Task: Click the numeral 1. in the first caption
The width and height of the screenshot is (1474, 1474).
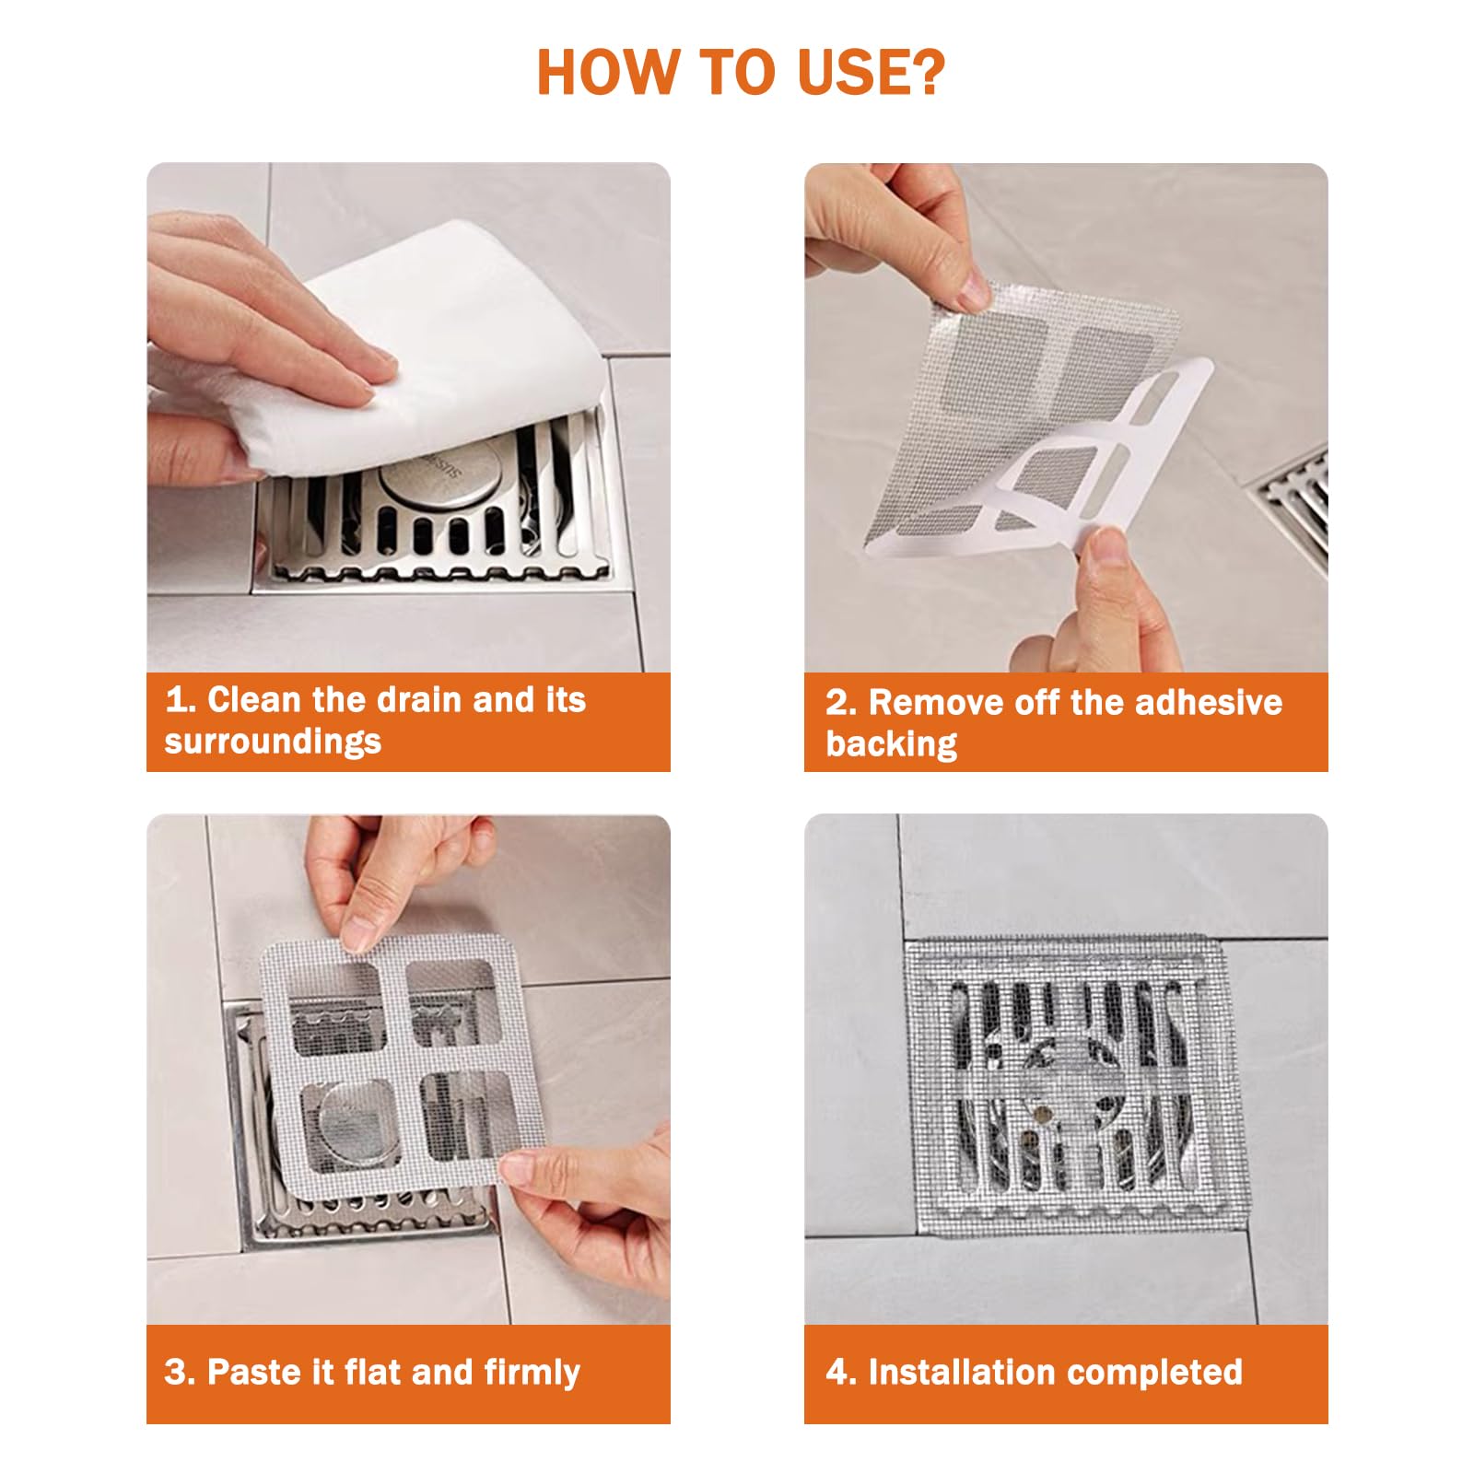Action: [x=181, y=700]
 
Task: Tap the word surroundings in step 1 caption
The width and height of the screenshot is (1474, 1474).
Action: [x=273, y=742]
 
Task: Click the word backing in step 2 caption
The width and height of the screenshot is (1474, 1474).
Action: [x=891, y=743]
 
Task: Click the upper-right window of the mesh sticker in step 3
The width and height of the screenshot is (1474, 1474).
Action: [x=449, y=1002]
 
